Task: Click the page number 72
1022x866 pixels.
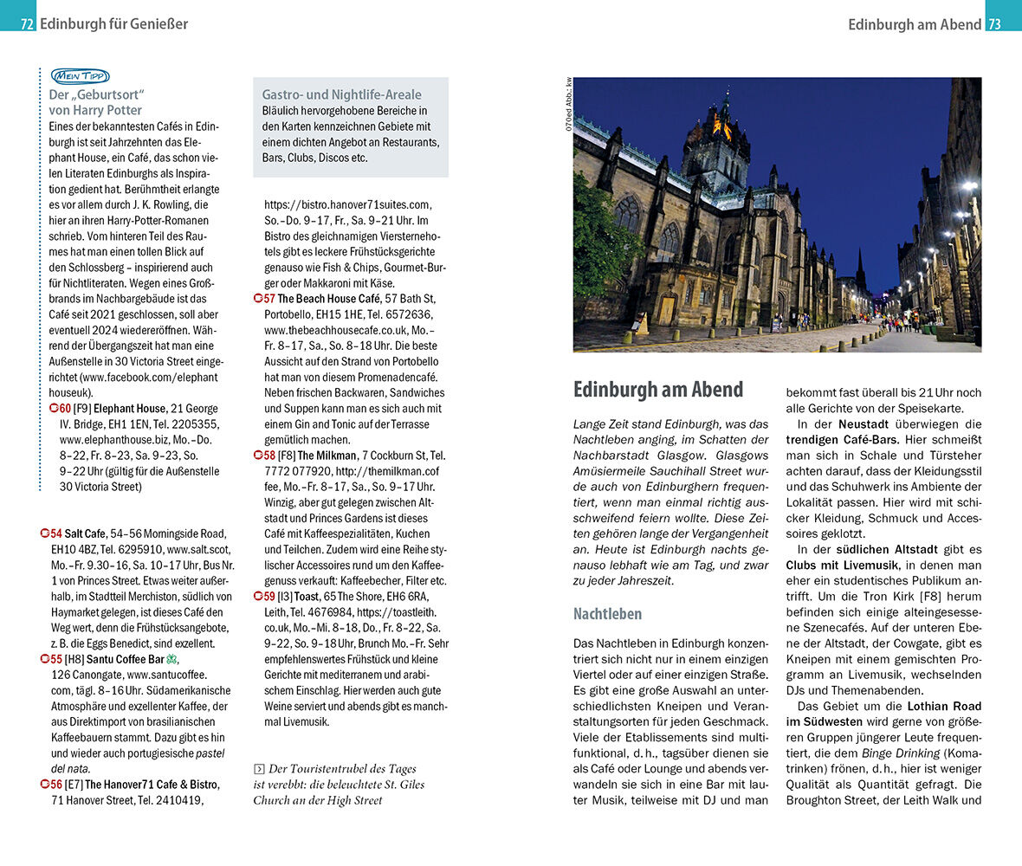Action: (x=27, y=24)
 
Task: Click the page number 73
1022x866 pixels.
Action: (x=994, y=24)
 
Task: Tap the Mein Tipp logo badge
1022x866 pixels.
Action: (x=80, y=76)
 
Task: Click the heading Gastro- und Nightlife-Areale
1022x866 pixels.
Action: (x=341, y=94)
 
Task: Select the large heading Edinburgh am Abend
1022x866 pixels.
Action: (x=657, y=390)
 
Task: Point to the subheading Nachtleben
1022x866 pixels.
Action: (x=607, y=614)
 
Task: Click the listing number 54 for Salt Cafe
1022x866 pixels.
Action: (x=55, y=533)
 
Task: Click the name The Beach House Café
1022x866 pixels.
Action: (x=329, y=299)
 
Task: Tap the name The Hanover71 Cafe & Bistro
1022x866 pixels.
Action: (x=152, y=785)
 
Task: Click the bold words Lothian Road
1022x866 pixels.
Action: (x=943, y=706)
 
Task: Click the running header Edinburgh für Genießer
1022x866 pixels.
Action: (x=113, y=24)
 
